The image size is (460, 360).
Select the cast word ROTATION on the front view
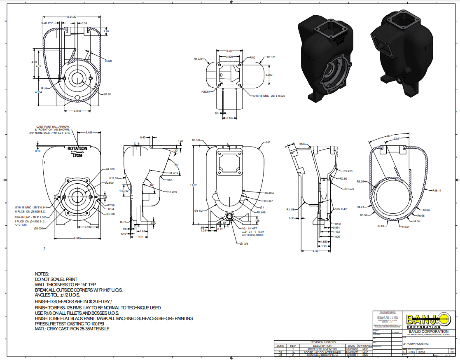click(77, 149)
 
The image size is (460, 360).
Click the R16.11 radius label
click(437, 191)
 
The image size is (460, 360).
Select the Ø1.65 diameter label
click(107, 94)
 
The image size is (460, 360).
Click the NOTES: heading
click(42, 274)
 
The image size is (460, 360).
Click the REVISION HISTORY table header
click(324, 342)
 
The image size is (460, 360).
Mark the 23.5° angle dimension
click(397, 139)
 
